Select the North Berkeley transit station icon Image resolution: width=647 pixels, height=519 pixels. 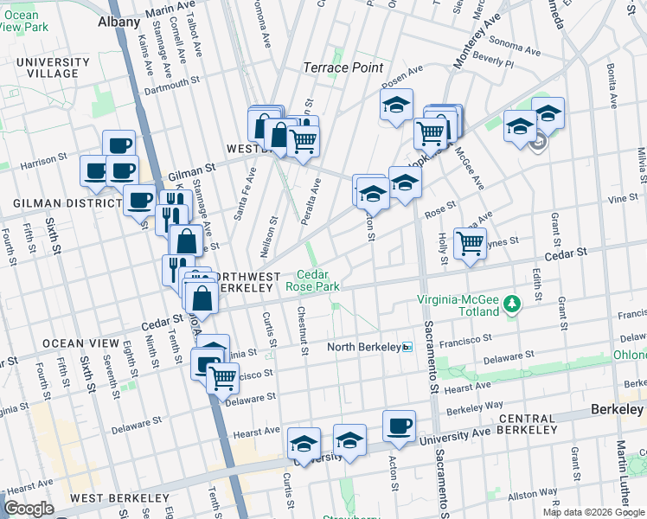407,347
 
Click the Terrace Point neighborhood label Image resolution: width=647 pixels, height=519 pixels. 337,67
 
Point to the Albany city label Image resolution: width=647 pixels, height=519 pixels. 119,22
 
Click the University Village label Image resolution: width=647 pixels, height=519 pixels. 53,68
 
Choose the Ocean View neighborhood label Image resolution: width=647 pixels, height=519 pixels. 74,343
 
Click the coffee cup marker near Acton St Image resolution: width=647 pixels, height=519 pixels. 399,426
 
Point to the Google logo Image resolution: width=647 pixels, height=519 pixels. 29,509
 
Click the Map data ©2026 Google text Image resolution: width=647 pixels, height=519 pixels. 593,512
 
